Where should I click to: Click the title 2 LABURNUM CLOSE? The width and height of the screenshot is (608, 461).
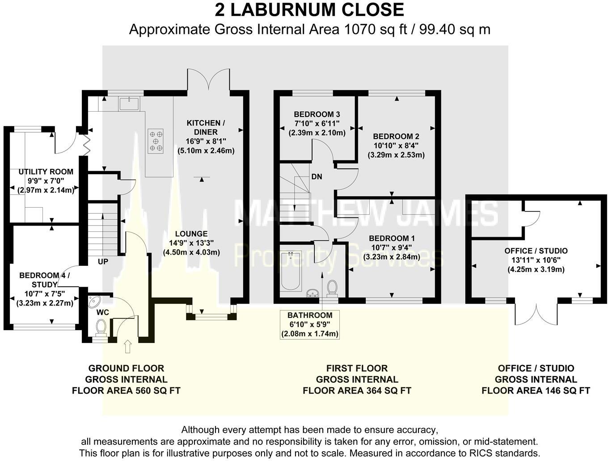pyautogui.click(x=309, y=10)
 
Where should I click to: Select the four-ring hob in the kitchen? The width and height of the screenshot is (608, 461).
pyautogui.click(x=156, y=141)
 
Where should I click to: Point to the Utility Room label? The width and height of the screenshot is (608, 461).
pyautogui.click(x=46, y=172)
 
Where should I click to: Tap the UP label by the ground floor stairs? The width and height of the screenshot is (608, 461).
pyautogui.click(x=103, y=261)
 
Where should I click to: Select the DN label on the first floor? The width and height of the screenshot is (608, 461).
pyautogui.click(x=317, y=176)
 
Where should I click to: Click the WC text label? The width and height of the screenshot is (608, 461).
pyautogui.click(x=103, y=312)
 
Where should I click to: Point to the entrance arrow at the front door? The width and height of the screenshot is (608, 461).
pyautogui.click(x=127, y=346)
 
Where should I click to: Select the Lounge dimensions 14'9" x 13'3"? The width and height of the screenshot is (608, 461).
pyautogui.click(x=191, y=243)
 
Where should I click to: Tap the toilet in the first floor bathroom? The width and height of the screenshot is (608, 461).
pyautogui.click(x=332, y=288)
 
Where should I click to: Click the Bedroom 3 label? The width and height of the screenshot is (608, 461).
pyautogui.click(x=317, y=114)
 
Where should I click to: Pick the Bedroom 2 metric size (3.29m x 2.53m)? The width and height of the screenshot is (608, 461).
pyautogui.click(x=396, y=155)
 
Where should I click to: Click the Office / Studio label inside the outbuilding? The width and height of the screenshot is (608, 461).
pyautogui.click(x=536, y=251)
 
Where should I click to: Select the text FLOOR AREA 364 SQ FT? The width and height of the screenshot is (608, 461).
pyautogui.click(x=357, y=390)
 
